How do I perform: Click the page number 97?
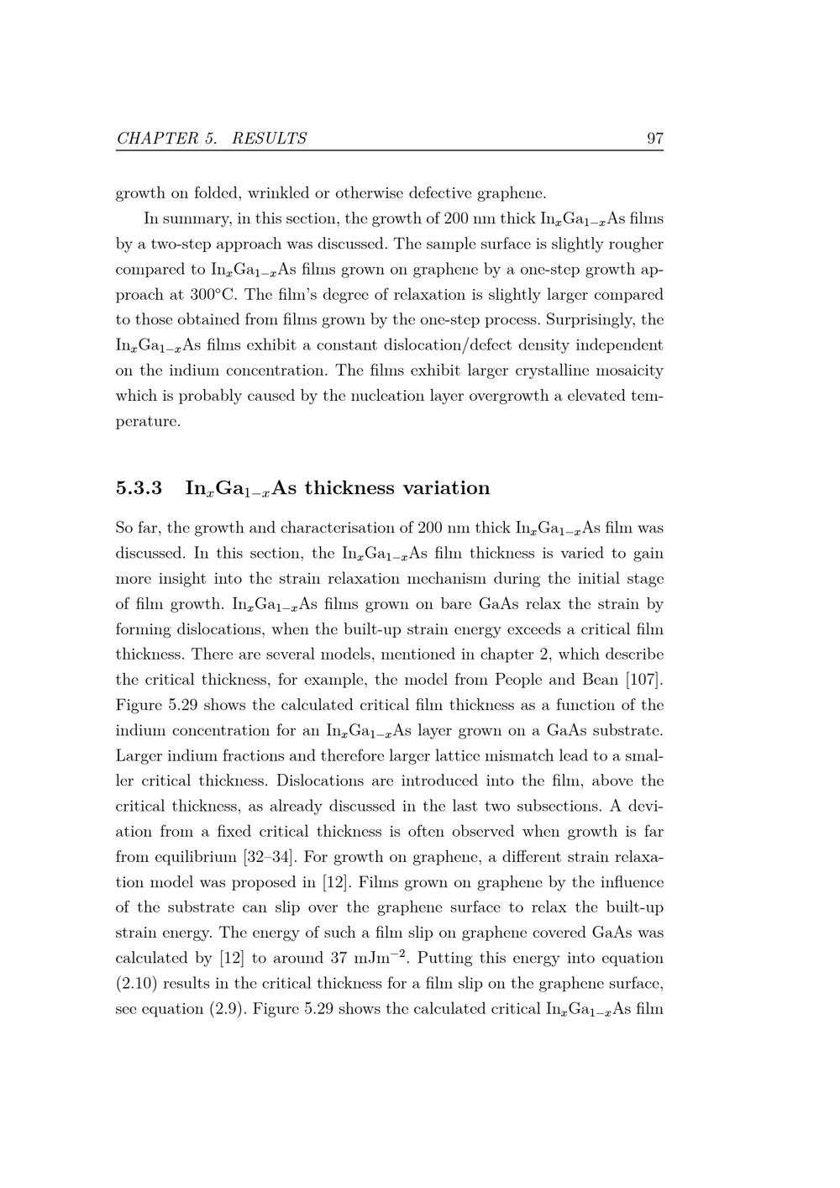[654, 139]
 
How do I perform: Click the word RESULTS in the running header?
[269, 139]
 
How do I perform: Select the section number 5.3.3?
[139, 488]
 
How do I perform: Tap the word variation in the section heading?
[446, 488]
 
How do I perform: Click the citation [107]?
[644, 680]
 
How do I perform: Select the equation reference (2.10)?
[139, 984]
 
